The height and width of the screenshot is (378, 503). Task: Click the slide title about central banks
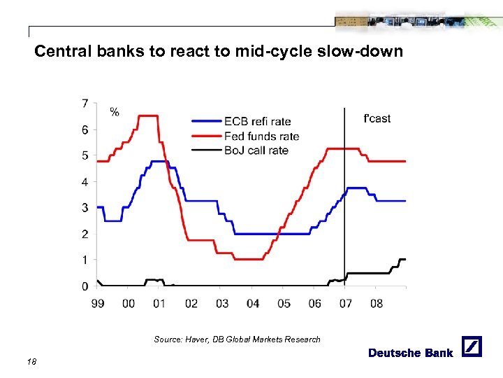[219, 51]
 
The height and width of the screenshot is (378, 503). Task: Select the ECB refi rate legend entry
[257, 122]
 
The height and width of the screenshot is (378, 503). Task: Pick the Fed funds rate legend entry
[261, 136]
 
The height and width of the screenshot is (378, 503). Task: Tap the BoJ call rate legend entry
[256, 150]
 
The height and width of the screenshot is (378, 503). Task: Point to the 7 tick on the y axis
[85, 104]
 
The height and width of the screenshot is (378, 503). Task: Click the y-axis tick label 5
[85, 155]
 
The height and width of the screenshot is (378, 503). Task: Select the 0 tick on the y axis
[85, 286]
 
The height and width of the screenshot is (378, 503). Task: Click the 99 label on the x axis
[98, 303]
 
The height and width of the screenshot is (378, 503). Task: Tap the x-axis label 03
[221, 303]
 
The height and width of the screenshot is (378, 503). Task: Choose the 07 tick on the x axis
[345, 303]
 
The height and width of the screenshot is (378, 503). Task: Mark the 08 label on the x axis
[376, 303]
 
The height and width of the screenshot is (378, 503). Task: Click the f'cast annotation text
[377, 118]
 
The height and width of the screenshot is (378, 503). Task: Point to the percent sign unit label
[114, 111]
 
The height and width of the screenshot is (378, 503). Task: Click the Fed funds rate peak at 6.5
[148, 115]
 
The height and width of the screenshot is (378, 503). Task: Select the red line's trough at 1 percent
[248, 259]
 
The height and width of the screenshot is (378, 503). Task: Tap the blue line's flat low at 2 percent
[272, 234]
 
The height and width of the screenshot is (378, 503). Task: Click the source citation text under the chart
[237, 339]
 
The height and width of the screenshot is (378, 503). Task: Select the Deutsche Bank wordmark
[411, 353]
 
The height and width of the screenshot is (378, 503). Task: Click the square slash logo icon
[472, 347]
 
